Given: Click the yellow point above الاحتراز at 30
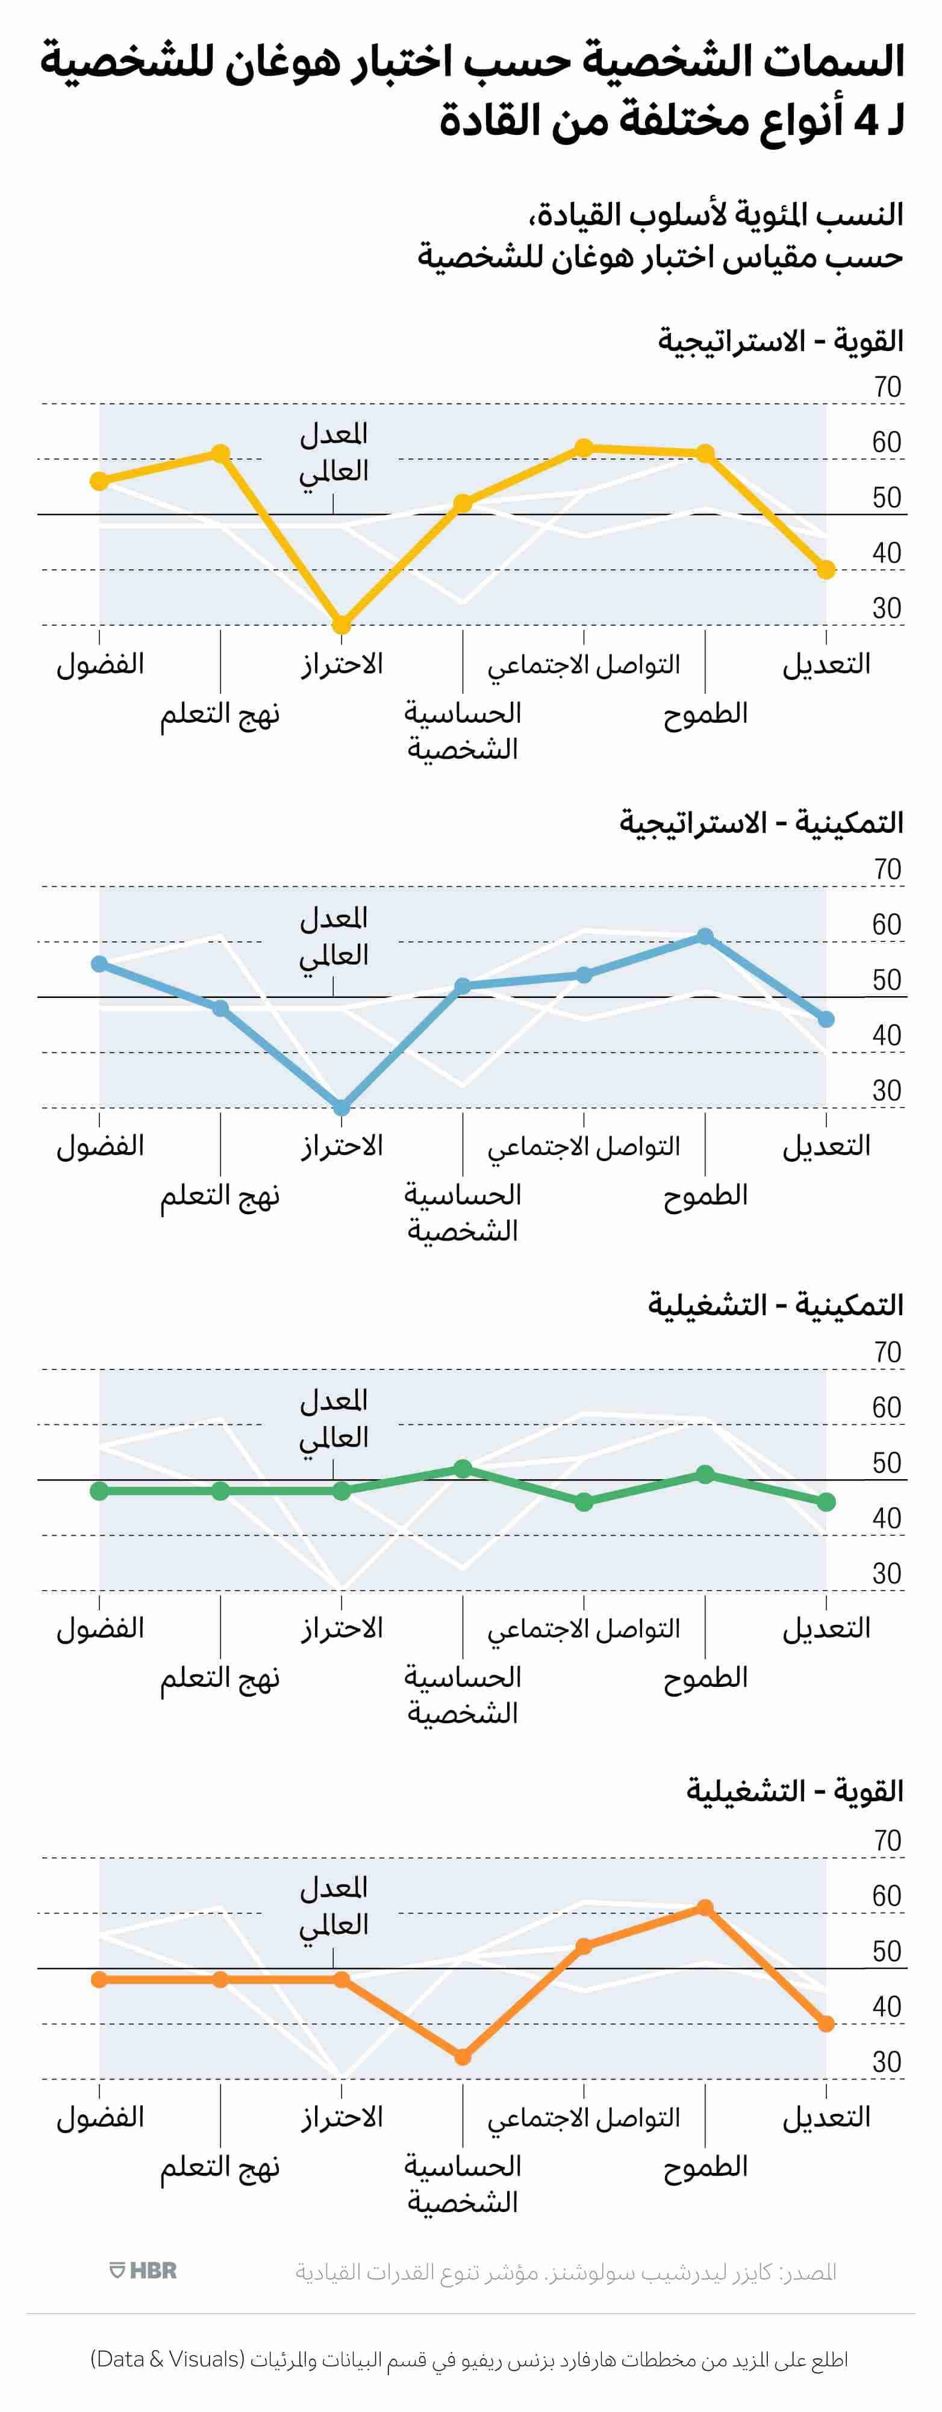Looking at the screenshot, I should [342, 625].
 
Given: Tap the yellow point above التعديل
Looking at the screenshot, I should [826, 569].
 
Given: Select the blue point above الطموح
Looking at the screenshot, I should [705, 936].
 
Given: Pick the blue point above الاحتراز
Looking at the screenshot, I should [342, 1107].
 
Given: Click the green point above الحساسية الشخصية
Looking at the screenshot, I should [463, 1468].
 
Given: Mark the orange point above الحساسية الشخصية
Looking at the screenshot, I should [463, 2057].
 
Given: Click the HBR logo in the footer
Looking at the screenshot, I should [143, 2270].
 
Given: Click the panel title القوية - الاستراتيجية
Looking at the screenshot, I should [780, 341].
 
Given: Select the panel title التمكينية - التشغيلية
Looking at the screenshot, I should [775, 1305].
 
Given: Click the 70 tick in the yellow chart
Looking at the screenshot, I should [887, 387].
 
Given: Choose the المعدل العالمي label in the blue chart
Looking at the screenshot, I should [333, 936].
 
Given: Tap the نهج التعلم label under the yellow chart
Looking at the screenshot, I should [220, 714].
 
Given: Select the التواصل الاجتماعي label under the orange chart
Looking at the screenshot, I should [584, 2117].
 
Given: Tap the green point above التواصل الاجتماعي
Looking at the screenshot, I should [584, 1502].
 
